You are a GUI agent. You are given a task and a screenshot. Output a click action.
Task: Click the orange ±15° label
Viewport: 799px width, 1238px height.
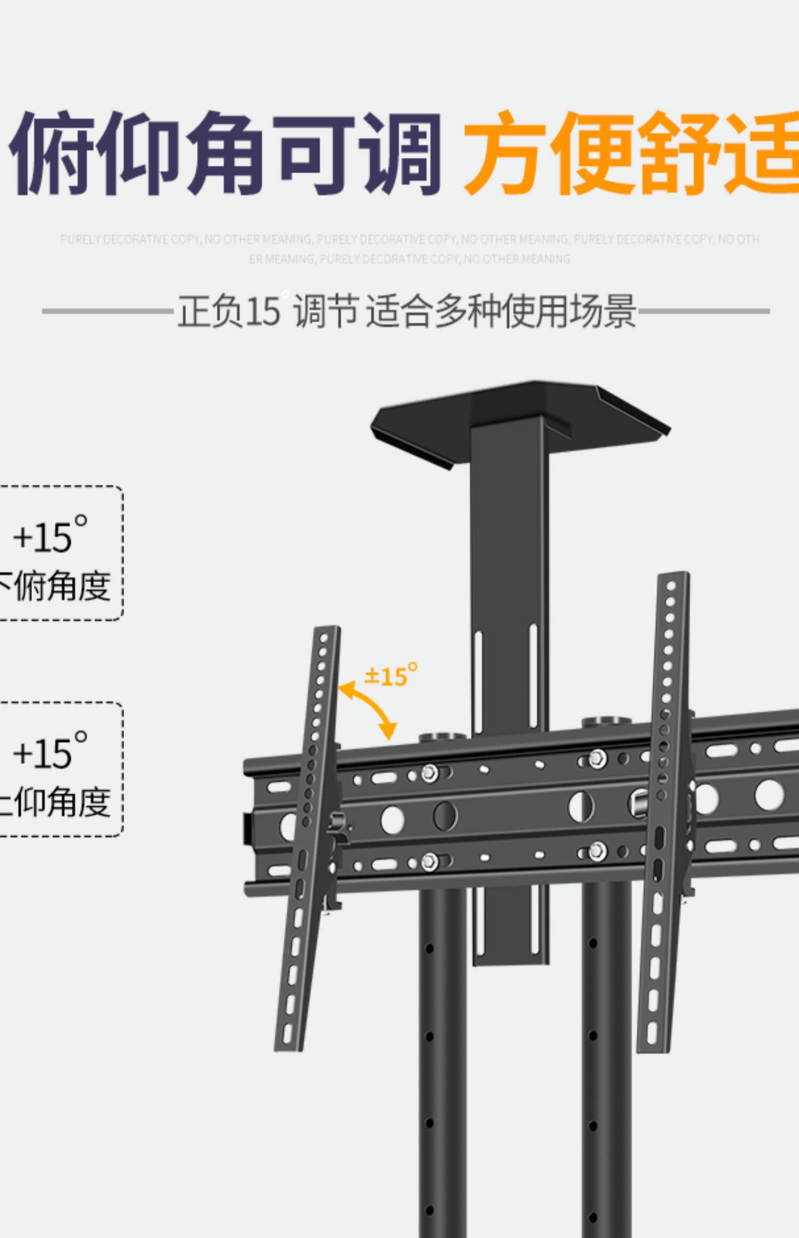(x=390, y=676)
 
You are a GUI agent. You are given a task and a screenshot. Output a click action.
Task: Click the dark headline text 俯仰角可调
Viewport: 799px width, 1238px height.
(x=226, y=153)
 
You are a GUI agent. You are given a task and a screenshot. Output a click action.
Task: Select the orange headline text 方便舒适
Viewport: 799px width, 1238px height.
(x=631, y=153)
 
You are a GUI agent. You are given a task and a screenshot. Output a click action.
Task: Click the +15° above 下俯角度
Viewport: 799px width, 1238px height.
(x=50, y=534)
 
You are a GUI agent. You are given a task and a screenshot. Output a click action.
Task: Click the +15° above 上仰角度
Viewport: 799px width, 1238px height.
(x=50, y=750)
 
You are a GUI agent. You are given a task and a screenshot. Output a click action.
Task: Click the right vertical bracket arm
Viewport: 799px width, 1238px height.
(x=663, y=810)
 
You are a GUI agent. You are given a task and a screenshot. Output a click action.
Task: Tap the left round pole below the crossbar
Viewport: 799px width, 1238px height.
(x=442, y=1040)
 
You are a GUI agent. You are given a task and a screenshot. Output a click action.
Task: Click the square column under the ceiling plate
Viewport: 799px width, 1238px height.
(x=509, y=560)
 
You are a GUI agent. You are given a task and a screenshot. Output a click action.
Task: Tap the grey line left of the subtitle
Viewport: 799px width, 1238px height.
(x=107, y=311)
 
